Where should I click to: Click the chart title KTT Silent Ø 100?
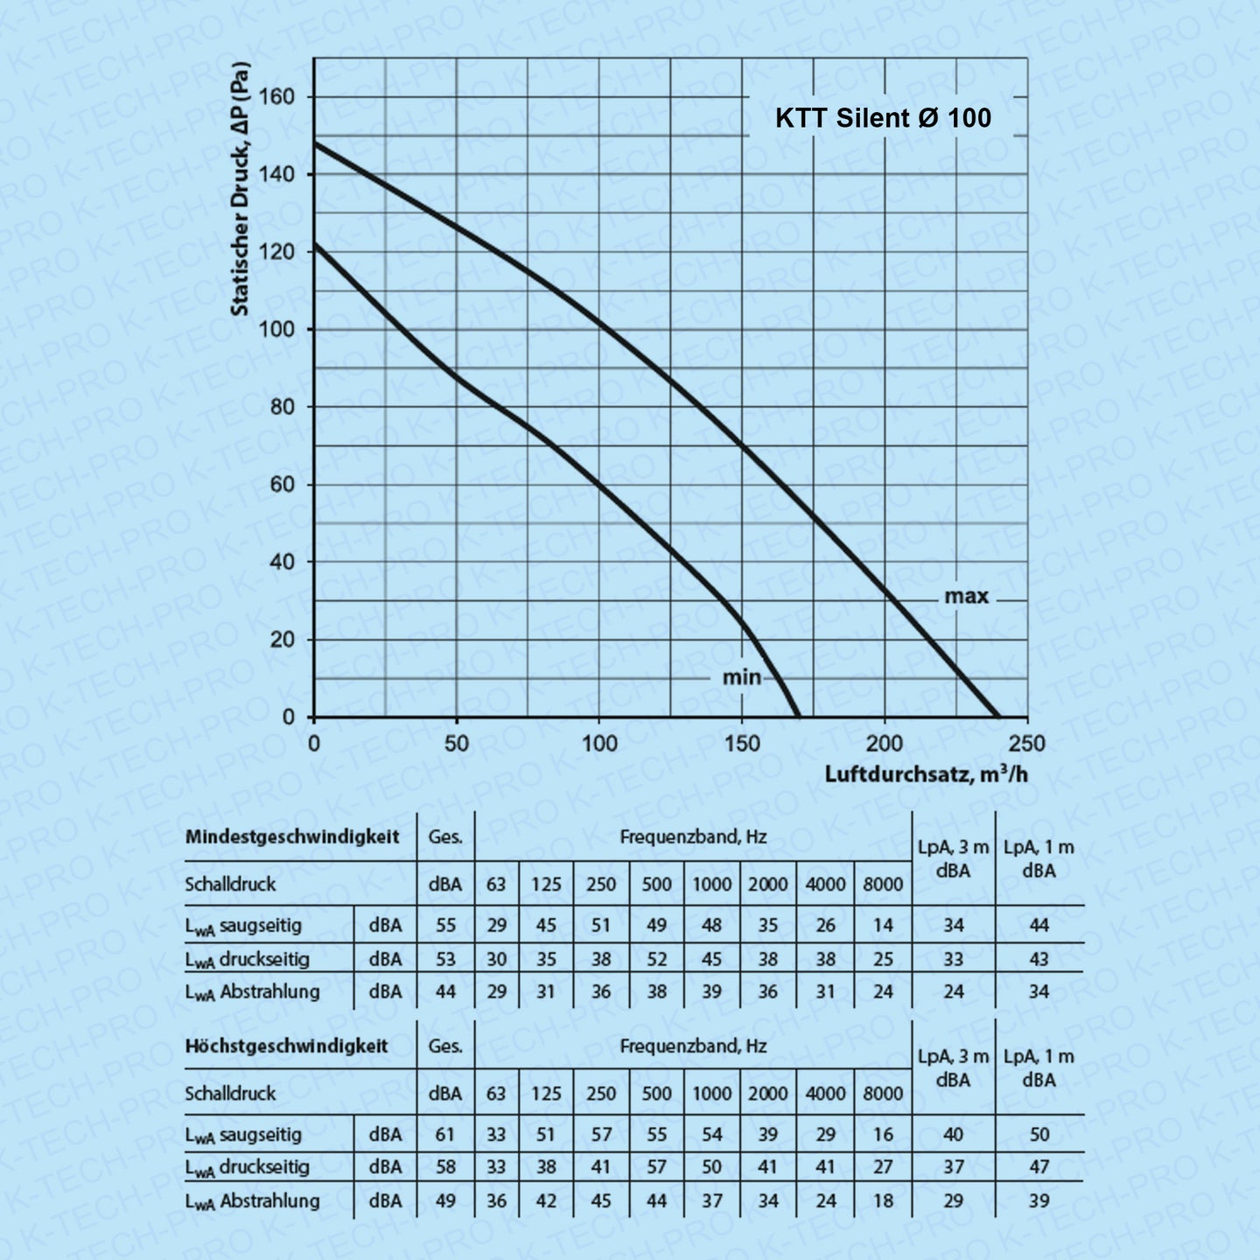(883, 118)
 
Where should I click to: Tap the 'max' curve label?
(966, 597)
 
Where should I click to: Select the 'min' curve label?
(741, 677)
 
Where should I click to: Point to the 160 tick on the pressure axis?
(277, 97)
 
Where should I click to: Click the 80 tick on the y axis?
(282, 407)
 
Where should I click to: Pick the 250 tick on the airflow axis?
(1026, 744)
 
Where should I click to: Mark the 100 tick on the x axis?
(599, 744)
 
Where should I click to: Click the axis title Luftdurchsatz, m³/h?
(926, 774)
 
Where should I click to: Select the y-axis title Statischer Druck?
(240, 188)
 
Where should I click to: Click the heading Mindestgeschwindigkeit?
(291, 836)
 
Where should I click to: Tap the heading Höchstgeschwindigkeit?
(286, 1046)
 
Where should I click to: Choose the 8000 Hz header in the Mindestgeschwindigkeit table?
(883, 885)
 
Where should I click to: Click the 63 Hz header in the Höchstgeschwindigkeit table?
(496, 1094)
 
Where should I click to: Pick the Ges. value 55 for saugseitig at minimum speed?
(445, 926)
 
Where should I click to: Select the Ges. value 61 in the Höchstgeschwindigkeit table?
(445, 1135)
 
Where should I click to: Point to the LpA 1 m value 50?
(1039, 1135)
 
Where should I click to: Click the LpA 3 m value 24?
(953, 992)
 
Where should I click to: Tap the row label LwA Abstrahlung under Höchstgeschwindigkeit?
(252, 1201)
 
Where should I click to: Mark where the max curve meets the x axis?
(999, 717)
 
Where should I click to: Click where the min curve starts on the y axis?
(315, 244)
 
